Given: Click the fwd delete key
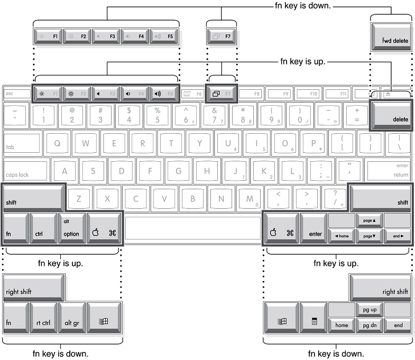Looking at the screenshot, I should tap(391, 37).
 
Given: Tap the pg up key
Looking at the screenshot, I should tap(369, 309).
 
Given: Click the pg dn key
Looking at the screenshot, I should tap(369, 325).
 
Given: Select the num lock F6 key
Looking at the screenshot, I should tap(192, 94).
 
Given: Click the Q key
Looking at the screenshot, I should tap(57, 143).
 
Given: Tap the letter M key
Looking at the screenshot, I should tap(250, 199).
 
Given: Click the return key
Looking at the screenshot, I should tap(388, 170).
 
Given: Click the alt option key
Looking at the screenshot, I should tap(72, 228).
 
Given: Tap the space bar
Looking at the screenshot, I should tap(193, 228).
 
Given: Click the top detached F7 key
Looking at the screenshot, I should tap(222, 37).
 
